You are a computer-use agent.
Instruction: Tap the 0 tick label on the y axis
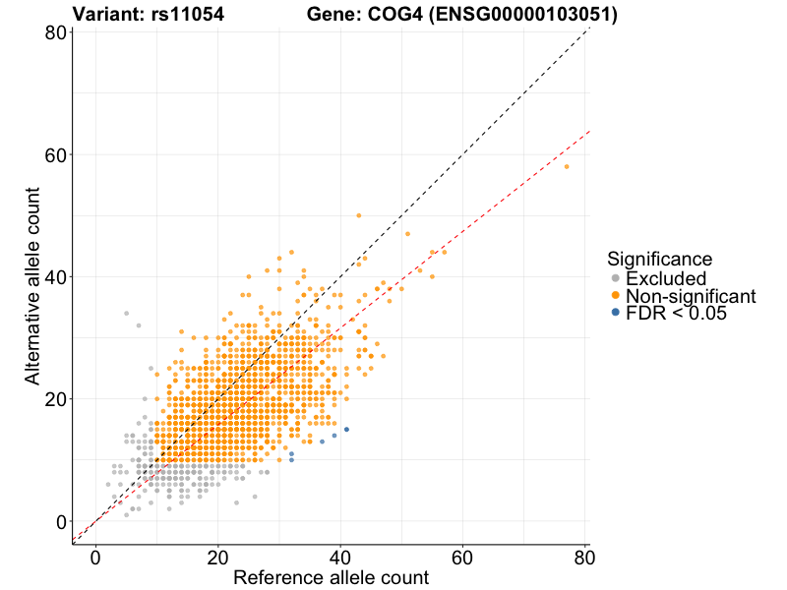point(61,521)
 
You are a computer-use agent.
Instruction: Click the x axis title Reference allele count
point(331,578)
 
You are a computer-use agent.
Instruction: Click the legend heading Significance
point(659,259)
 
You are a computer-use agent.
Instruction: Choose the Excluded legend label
point(666,279)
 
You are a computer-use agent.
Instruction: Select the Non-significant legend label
point(691,296)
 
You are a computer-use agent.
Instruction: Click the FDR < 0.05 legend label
point(676,313)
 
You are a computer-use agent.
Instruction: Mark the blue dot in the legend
point(616,313)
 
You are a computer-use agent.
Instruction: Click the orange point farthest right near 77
point(567,166)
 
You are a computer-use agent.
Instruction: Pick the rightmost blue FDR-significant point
point(346,430)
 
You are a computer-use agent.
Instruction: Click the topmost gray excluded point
point(126,313)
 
